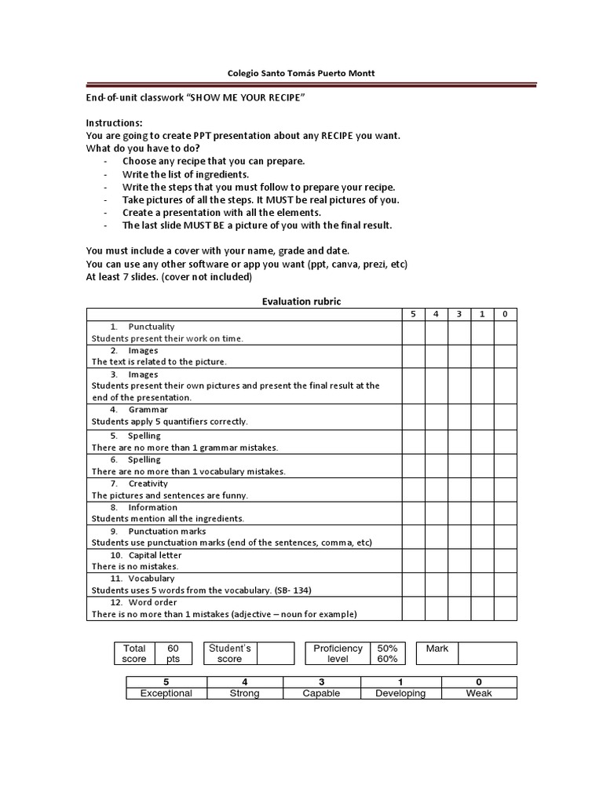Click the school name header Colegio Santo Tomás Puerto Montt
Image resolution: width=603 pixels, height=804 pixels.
click(x=301, y=74)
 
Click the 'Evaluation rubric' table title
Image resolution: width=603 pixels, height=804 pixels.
click(x=301, y=301)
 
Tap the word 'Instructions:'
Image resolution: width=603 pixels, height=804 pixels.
click(x=114, y=124)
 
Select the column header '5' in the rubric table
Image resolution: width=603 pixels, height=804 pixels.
click(x=413, y=314)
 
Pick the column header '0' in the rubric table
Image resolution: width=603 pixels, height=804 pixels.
click(x=505, y=314)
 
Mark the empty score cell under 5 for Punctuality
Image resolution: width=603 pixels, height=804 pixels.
click(x=413, y=333)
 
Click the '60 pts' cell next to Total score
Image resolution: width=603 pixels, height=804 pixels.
click(x=174, y=653)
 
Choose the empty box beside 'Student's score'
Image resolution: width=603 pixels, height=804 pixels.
click(x=275, y=653)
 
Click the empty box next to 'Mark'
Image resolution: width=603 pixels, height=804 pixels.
click(x=487, y=653)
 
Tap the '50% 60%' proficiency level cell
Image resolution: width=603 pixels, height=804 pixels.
click(x=387, y=653)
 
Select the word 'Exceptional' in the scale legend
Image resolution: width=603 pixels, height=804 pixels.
click(x=166, y=693)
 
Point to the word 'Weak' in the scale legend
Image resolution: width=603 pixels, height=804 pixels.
click(x=479, y=693)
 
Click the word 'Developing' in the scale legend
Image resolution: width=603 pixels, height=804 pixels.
click(x=400, y=693)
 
